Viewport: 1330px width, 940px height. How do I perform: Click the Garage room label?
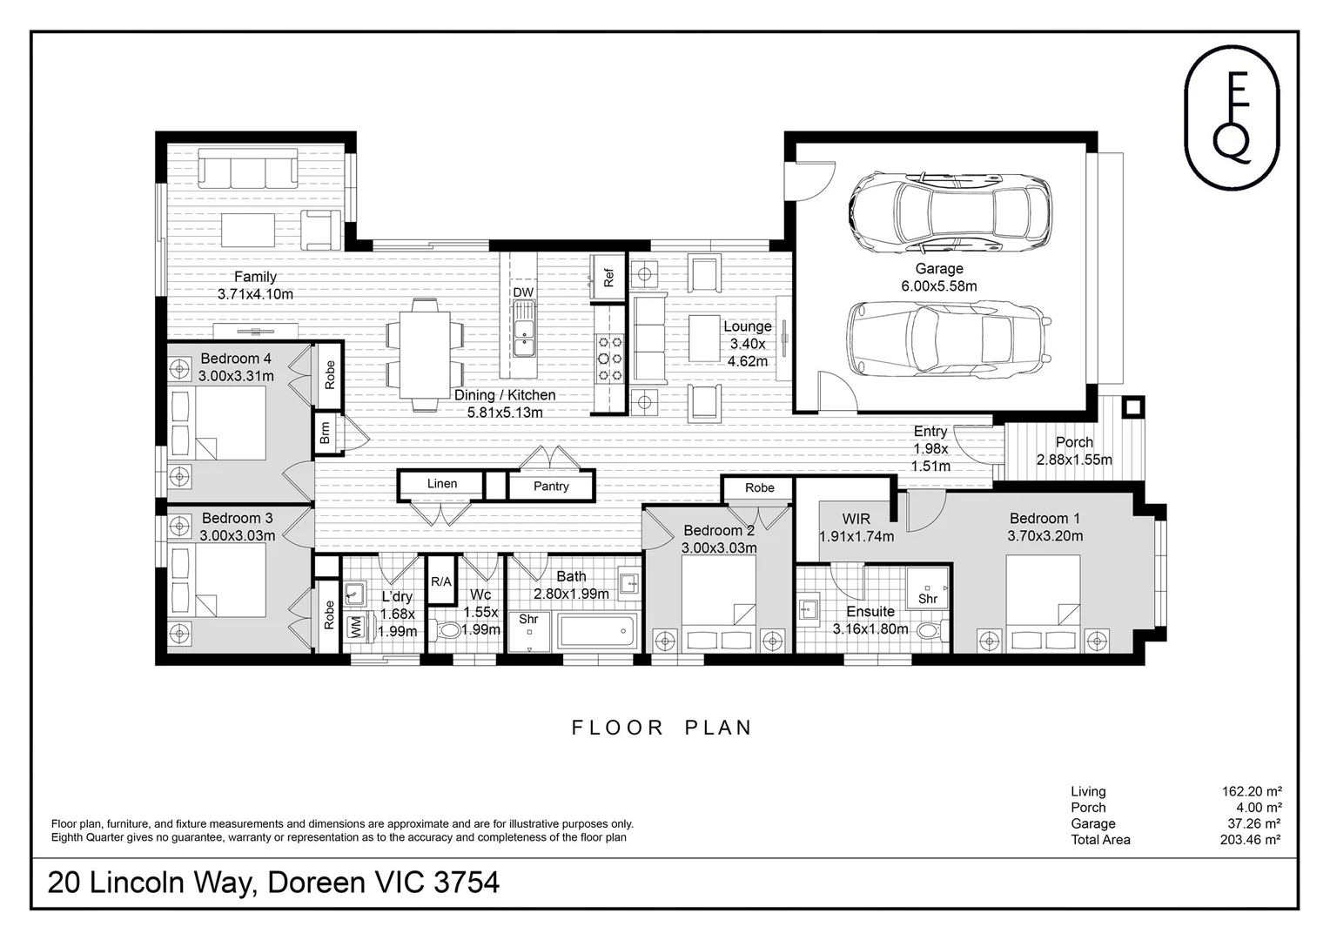[938, 268]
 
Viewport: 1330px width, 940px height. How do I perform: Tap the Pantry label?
[551, 487]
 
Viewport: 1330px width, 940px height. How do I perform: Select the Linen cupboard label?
[442, 483]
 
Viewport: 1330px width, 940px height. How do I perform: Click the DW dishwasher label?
[523, 292]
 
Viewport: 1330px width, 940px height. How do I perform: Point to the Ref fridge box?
[608, 277]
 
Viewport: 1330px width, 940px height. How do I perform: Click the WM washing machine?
[356, 628]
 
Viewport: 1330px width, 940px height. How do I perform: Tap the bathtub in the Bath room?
[597, 631]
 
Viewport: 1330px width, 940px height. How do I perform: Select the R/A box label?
[440, 582]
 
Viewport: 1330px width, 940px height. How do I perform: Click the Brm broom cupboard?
[325, 433]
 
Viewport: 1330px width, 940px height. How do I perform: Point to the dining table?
[425, 355]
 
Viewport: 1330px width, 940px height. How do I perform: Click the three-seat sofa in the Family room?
[248, 169]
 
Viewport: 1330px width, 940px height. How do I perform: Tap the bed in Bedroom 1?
[1043, 603]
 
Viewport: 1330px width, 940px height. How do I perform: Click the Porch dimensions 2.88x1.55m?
[1074, 460]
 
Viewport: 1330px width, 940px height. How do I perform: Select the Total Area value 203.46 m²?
[1250, 840]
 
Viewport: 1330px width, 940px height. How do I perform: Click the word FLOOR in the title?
[617, 728]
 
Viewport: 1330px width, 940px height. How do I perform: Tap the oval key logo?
[1232, 117]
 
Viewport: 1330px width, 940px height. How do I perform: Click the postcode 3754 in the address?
[467, 883]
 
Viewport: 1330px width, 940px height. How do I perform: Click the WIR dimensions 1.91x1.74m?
[856, 537]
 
